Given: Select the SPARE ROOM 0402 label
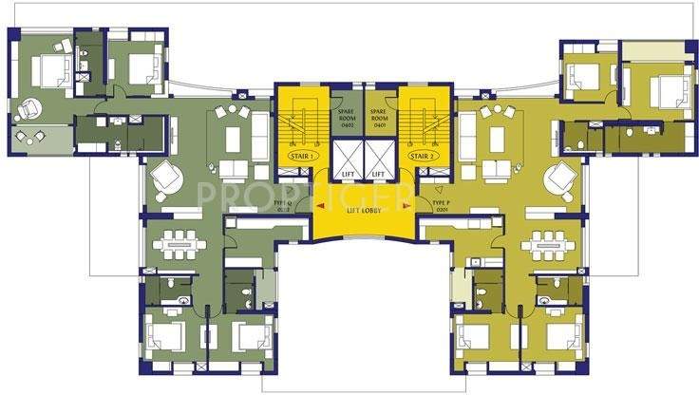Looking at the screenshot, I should [347, 118].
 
